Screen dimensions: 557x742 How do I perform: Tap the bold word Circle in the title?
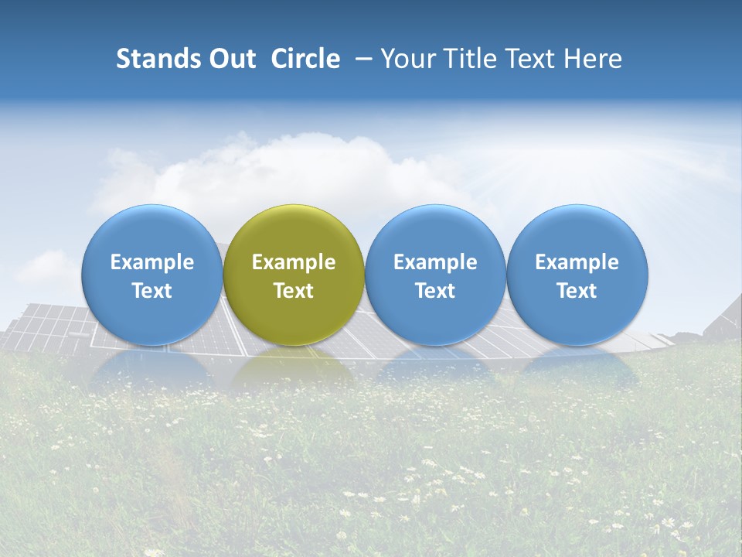point(305,59)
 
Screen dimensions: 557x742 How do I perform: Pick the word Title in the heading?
point(466,59)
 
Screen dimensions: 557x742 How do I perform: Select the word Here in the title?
point(594,59)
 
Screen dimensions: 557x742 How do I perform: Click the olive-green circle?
point(294,232)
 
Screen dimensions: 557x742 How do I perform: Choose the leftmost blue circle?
point(152,232)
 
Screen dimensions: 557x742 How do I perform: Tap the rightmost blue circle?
point(577,232)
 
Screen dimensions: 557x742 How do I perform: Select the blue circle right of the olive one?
point(435,232)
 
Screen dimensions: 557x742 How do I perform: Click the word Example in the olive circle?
point(294,262)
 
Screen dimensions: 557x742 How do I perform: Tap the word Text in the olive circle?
point(294,291)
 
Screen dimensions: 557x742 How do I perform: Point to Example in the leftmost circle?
point(152,262)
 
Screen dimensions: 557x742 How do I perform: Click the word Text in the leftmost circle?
point(152,291)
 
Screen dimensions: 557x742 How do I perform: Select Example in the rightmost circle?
point(577,262)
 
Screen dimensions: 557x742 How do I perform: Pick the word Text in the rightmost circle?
point(577,291)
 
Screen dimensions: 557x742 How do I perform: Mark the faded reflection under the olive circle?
point(294,367)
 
